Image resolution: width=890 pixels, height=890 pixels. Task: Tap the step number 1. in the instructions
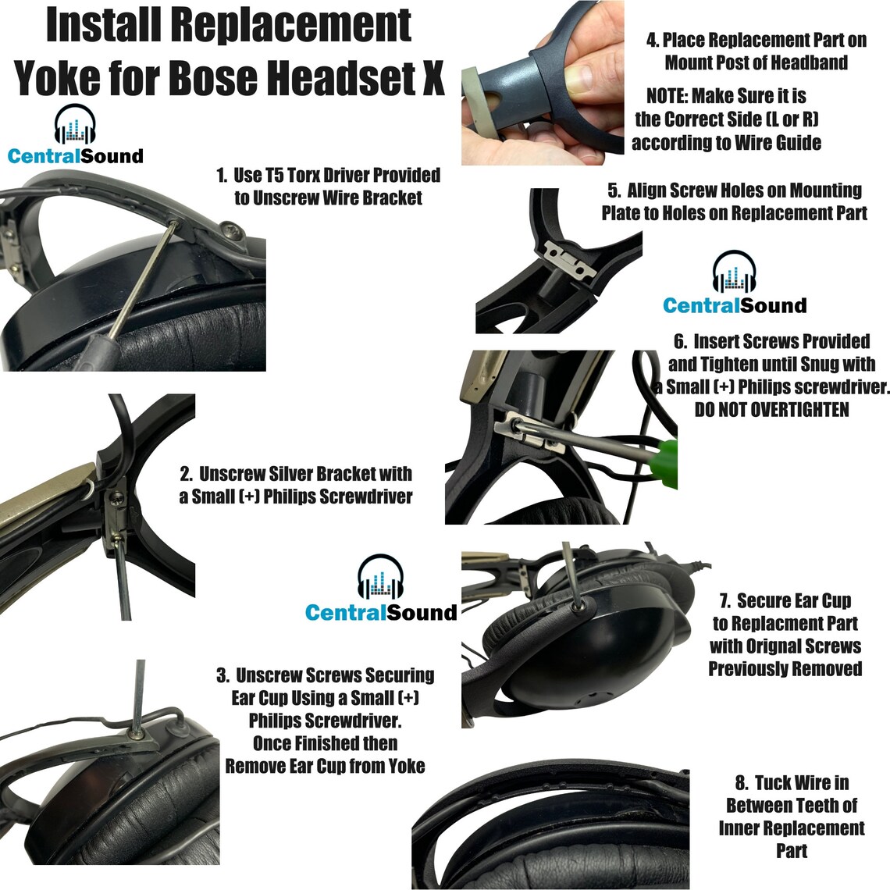coord(222,176)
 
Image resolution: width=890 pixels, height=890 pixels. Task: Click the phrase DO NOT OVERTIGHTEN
coord(771,409)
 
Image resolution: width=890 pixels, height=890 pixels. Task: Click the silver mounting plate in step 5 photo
coord(570,260)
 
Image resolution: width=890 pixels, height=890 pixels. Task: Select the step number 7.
coord(724,601)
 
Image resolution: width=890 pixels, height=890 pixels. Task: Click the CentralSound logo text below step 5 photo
coord(734,306)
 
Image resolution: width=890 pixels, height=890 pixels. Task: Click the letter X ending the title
coord(432,77)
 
